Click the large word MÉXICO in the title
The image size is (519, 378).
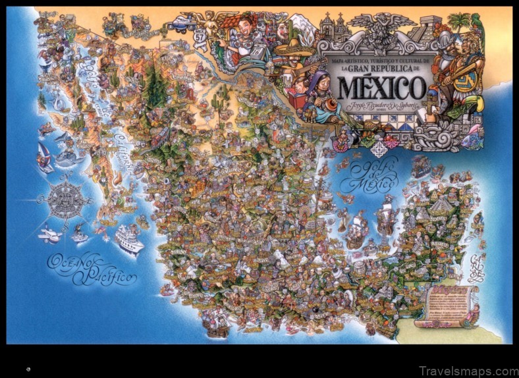pyautogui.click(x=381, y=87)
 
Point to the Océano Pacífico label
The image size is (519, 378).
pyautogui.click(x=92, y=269)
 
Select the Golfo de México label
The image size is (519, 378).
pyautogui.click(x=375, y=174)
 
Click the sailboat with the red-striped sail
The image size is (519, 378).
pyautogui.click(x=45, y=157)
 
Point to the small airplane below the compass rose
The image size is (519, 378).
pyautogui.click(x=49, y=234)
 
